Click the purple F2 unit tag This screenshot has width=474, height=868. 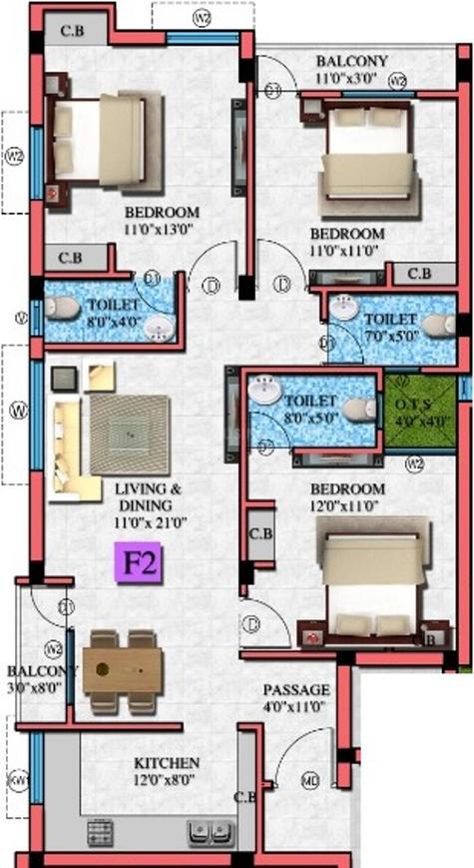(x=139, y=562)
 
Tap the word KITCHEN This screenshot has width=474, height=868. (x=167, y=762)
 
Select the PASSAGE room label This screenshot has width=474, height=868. (x=294, y=690)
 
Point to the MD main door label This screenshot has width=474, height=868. (x=311, y=779)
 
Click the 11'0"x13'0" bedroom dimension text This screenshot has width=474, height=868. (x=161, y=230)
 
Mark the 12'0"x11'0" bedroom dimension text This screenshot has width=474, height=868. (x=346, y=506)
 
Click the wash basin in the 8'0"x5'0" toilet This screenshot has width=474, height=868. (x=265, y=390)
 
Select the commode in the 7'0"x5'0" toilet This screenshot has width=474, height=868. (x=436, y=324)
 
